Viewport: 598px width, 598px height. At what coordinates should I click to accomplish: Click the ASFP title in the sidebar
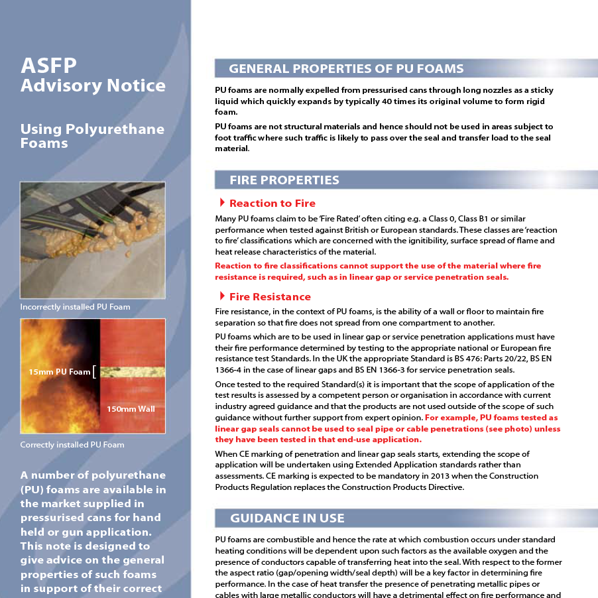click(x=48, y=65)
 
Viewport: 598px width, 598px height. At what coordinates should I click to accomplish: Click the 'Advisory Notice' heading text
click(x=93, y=86)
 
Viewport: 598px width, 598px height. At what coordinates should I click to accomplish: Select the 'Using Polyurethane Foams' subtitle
click(x=91, y=135)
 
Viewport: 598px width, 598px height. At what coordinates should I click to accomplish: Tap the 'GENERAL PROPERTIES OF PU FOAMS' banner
click(x=346, y=69)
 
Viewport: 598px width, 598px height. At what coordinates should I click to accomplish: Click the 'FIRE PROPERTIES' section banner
click(x=284, y=180)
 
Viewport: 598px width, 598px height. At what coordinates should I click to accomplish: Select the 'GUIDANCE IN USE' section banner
click(x=287, y=518)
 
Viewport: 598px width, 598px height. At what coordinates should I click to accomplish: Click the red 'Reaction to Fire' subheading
click(x=272, y=204)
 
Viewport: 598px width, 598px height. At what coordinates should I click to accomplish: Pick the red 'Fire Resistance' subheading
click(x=270, y=297)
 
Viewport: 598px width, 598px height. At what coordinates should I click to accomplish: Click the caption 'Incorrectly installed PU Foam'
click(x=75, y=307)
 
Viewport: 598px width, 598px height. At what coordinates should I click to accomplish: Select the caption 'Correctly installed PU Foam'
click(x=72, y=445)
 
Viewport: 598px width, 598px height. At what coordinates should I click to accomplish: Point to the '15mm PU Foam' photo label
click(x=59, y=372)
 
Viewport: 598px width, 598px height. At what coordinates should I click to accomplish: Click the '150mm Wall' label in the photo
click(x=131, y=409)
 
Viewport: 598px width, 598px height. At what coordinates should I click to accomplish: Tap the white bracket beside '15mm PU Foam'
click(x=95, y=372)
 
